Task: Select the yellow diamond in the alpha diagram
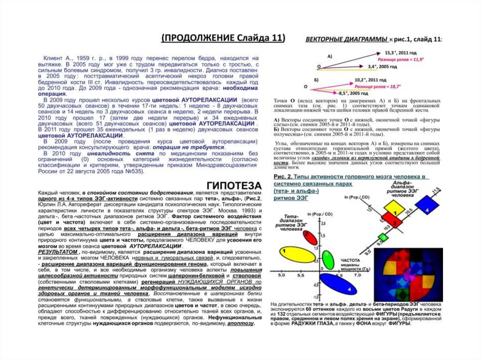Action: [393, 207]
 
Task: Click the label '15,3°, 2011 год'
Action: [401, 53]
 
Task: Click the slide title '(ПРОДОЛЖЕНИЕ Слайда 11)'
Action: [223, 38]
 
